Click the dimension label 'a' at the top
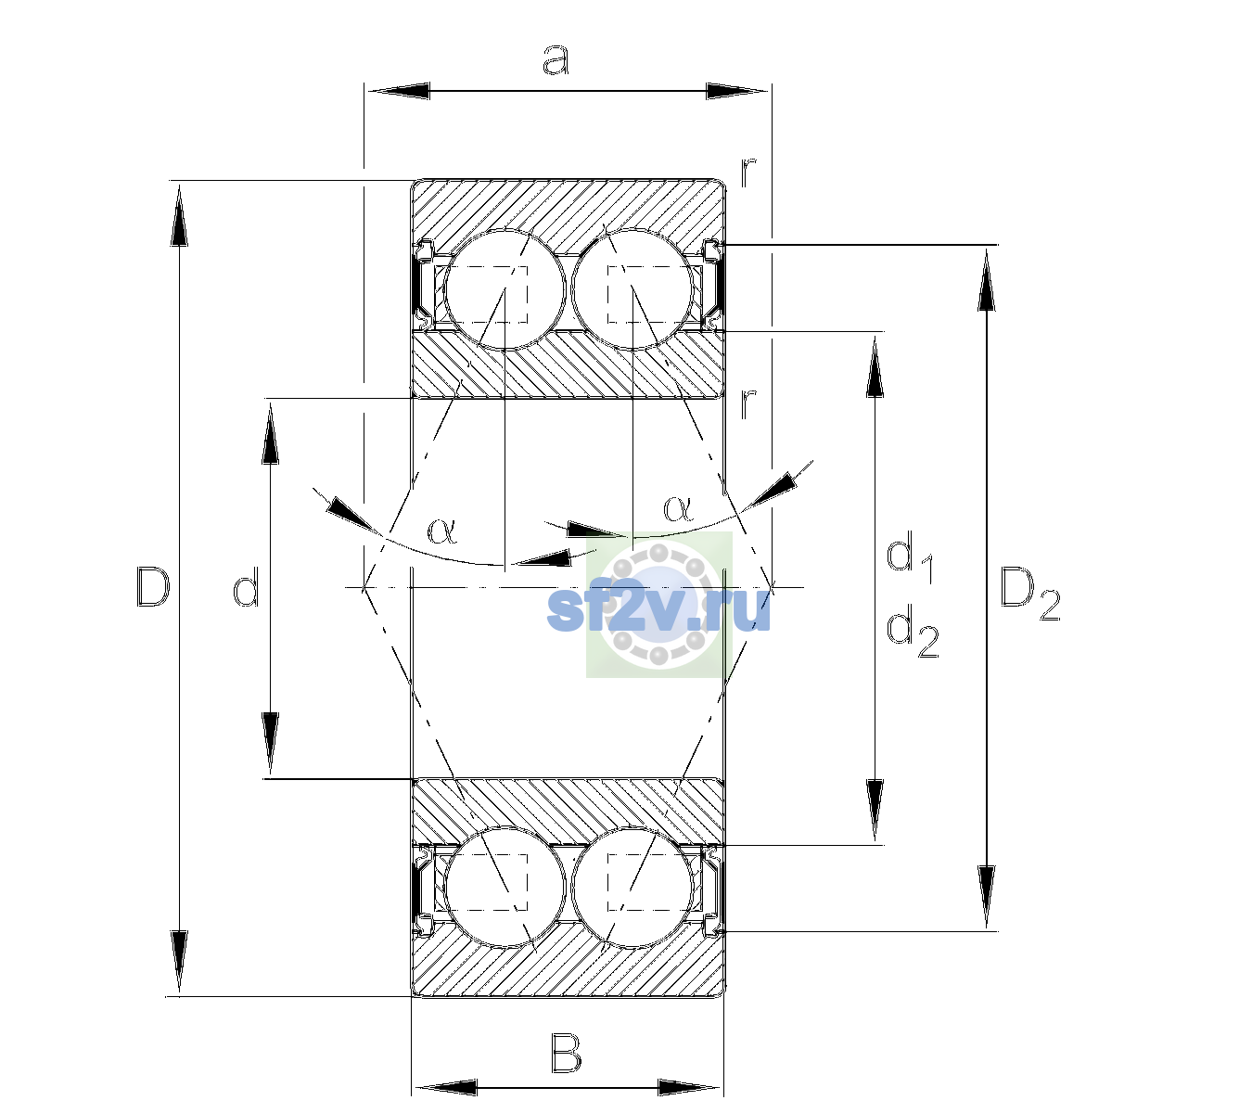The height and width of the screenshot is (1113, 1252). click(556, 60)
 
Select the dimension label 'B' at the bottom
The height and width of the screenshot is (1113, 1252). click(566, 1055)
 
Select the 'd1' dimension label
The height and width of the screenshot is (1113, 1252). click(911, 559)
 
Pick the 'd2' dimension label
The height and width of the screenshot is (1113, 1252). click(913, 632)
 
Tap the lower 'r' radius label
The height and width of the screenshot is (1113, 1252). click(748, 403)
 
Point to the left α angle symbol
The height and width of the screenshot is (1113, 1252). click(442, 531)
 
